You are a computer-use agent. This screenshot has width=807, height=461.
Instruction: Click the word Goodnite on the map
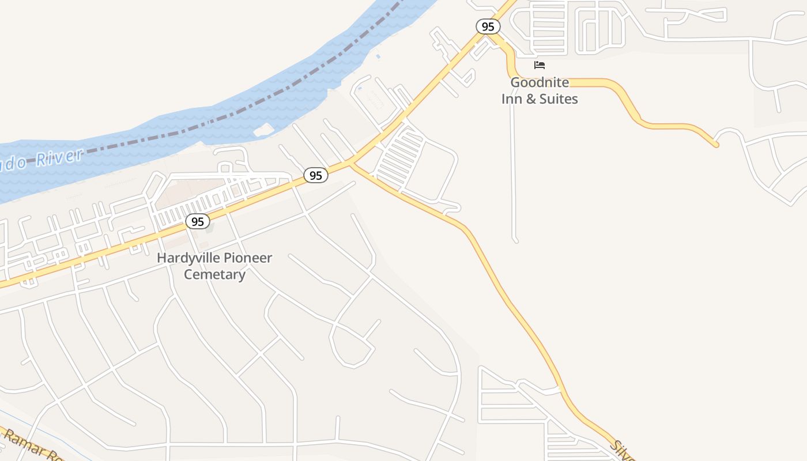pyautogui.click(x=540, y=82)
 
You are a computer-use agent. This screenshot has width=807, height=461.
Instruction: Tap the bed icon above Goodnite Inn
pyautogui.click(x=540, y=65)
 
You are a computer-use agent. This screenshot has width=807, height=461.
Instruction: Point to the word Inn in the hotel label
pyautogui.click(x=511, y=99)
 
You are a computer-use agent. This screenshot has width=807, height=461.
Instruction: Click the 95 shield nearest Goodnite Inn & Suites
pyautogui.click(x=488, y=27)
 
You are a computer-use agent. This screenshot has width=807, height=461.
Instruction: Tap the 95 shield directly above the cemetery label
pyautogui.click(x=198, y=221)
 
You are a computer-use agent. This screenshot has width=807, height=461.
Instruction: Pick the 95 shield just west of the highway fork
pyautogui.click(x=316, y=175)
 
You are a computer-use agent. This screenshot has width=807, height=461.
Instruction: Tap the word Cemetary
pyautogui.click(x=214, y=274)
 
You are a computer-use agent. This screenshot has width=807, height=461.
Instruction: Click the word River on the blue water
pyautogui.click(x=59, y=157)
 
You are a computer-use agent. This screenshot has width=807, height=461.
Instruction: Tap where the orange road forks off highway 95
pyautogui.click(x=351, y=165)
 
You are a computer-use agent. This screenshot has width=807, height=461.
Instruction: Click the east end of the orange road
pyautogui.click(x=716, y=145)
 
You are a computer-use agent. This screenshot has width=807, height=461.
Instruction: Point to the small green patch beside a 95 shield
pyautogui.click(x=209, y=227)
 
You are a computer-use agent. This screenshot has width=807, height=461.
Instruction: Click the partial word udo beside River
pyautogui.click(x=13, y=164)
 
